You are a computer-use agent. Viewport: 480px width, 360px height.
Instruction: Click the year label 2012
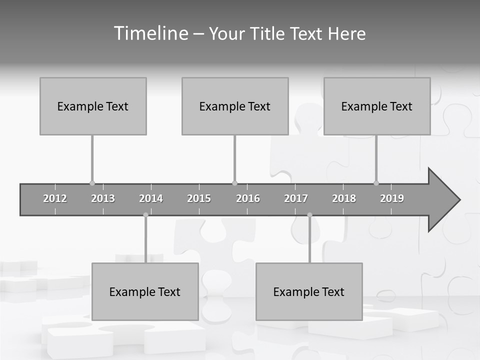[55, 198]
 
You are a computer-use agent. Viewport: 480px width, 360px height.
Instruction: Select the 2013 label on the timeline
[103, 198]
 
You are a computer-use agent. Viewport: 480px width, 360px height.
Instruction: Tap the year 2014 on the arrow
[151, 198]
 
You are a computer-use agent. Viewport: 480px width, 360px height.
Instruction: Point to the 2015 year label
[199, 198]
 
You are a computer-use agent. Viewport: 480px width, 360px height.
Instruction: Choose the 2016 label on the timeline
[248, 198]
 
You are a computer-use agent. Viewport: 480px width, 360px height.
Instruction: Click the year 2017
[296, 198]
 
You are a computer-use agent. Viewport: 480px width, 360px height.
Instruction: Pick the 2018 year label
[344, 198]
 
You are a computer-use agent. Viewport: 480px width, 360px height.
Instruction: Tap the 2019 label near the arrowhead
[392, 198]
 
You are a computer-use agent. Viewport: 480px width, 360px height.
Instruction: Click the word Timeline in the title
[150, 33]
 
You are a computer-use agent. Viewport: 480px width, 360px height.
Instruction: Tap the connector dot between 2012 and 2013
[92, 183]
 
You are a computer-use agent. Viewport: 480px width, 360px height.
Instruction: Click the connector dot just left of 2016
[234, 183]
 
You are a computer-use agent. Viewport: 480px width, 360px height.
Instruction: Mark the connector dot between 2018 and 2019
[376, 183]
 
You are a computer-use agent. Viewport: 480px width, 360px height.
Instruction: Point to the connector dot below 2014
[145, 215]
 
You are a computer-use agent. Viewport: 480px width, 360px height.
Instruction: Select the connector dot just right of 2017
[309, 215]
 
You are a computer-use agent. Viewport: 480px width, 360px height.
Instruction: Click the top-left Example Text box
[93, 106]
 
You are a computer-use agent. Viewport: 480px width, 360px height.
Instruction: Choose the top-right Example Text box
[377, 106]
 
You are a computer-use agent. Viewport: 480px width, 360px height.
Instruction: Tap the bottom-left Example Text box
[145, 291]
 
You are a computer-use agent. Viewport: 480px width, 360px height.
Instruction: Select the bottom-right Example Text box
[309, 291]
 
